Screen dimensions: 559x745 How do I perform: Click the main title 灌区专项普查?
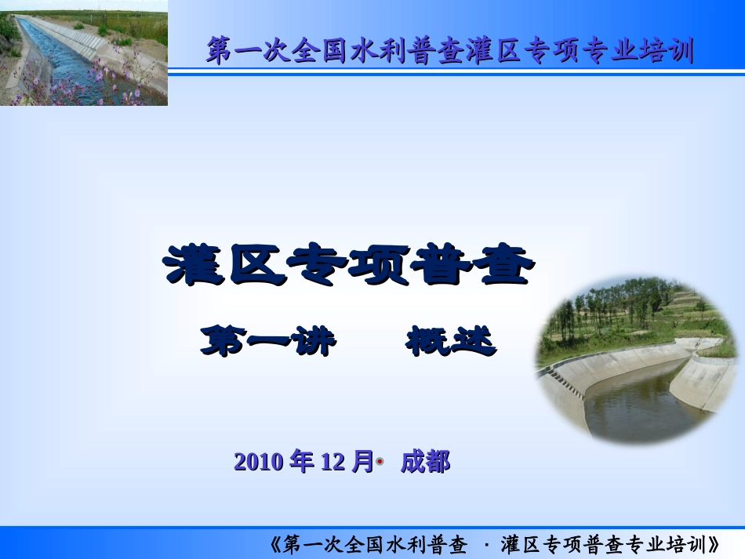click(x=350, y=267)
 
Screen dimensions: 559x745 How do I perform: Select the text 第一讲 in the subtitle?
click(x=268, y=342)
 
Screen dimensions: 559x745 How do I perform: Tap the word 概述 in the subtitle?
click(x=451, y=342)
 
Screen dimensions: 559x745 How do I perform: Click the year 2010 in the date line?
click(x=259, y=463)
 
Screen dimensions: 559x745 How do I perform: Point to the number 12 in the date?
click(x=333, y=463)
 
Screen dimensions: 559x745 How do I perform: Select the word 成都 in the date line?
click(x=425, y=463)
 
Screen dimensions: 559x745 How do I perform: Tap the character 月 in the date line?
click(x=362, y=462)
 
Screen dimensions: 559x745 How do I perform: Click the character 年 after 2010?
click(x=302, y=462)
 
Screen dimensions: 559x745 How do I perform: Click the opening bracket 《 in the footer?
click(x=274, y=544)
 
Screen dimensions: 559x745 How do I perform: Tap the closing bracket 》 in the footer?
click(x=715, y=544)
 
